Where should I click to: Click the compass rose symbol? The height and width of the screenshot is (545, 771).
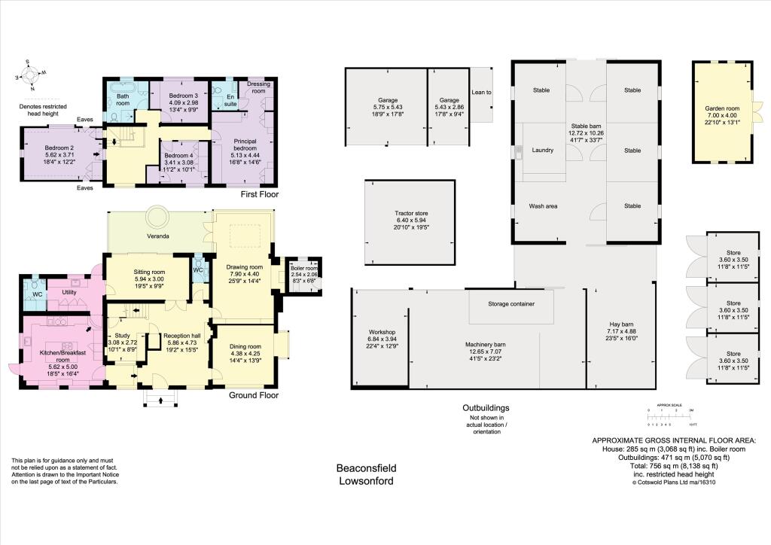pos(30,75)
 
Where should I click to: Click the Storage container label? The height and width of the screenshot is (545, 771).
pos(511,304)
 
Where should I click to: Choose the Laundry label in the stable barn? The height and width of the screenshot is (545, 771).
pos(543,150)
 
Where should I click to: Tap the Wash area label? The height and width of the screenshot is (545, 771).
pos(543,206)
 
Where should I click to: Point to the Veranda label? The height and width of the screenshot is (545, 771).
pos(157,236)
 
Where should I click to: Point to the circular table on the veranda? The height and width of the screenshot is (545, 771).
pos(159,217)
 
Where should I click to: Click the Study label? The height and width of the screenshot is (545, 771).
pos(123,336)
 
